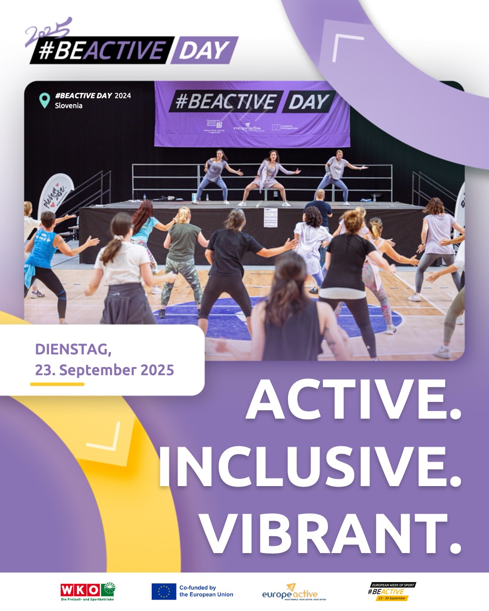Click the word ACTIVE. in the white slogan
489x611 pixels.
[353, 400]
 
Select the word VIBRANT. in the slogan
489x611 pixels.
[331, 534]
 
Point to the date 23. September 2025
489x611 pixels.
[105, 370]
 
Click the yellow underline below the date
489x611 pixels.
[57, 384]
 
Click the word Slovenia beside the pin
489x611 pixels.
[69, 105]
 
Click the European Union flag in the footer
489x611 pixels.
[163, 592]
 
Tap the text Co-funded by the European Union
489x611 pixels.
[206, 591]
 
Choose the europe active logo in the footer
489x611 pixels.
[290, 592]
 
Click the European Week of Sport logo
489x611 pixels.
[391, 592]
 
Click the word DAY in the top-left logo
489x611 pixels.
[204, 50]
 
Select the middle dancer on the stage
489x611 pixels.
[270, 178]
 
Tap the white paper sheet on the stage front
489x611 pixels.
[270, 218]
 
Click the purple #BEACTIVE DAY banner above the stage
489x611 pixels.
[252, 114]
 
